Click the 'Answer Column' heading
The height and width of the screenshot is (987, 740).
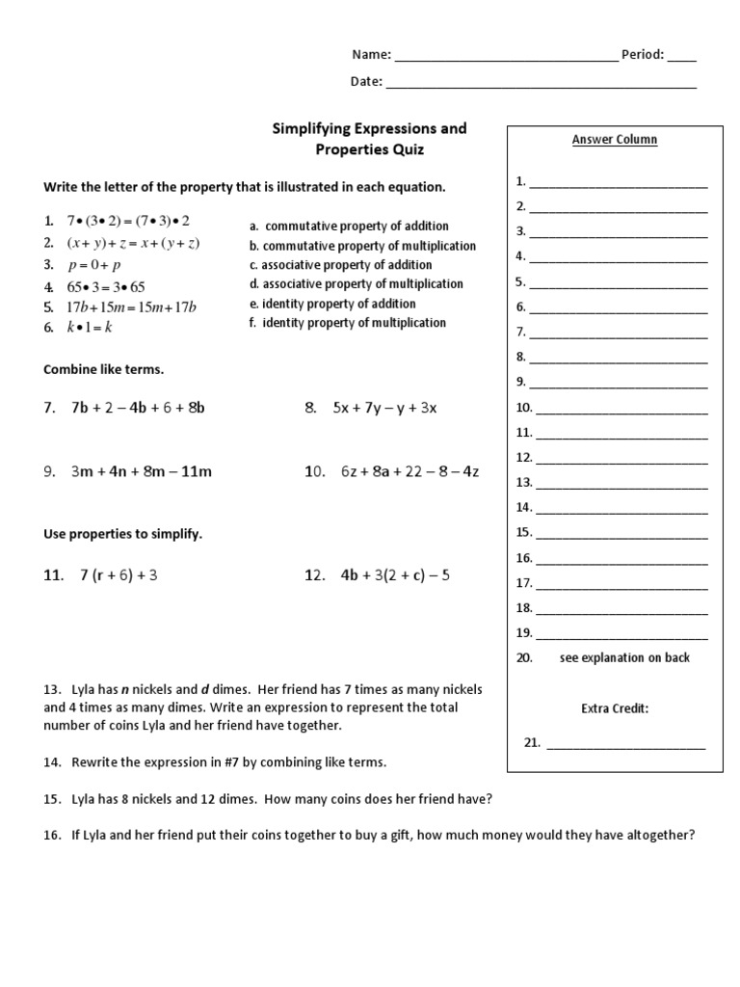pos(614,140)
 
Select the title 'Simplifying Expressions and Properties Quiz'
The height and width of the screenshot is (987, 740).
pos(370,139)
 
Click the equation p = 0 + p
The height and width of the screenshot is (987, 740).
pos(93,264)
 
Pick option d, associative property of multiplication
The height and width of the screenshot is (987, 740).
pos(356,284)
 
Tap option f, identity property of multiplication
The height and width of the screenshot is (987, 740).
pos(347,323)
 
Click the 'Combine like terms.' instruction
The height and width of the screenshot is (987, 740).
pos(102,370)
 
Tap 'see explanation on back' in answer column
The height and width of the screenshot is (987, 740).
pos(624,658)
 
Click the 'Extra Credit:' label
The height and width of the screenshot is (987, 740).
pos(614,708)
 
